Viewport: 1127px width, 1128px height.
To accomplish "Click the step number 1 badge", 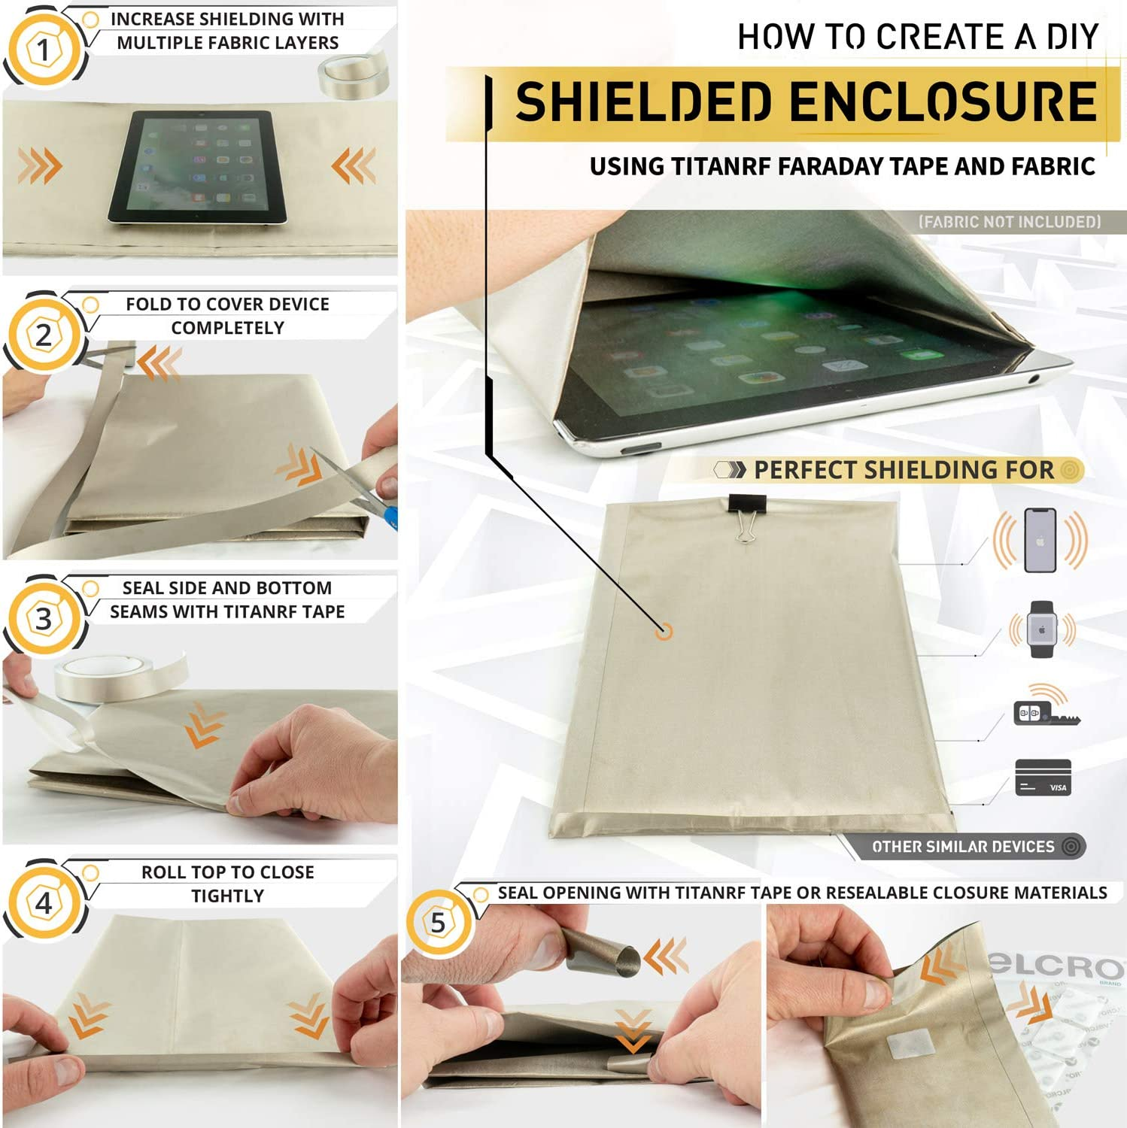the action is pos(43,50).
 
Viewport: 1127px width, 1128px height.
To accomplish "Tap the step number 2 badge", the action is pos(43,335).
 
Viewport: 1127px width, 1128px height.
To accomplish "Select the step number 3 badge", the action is pos(43,619).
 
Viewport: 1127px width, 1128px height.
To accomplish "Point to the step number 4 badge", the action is pos(43,902).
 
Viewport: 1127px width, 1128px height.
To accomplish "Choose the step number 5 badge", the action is pos(438,923).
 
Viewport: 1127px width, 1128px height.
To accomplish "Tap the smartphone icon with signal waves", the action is pos(1040,540).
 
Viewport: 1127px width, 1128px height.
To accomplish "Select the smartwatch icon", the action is pos(1043,629).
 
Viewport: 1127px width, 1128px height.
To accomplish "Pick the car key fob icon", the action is pos(1045,707).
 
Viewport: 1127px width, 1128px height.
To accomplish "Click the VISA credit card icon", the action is pos(1043,778).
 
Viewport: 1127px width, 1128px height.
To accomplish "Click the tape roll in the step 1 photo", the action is pos(353,74).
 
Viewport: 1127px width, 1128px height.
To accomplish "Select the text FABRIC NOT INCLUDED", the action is pos(1010,222).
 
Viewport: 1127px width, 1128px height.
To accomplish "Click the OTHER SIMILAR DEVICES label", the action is pos(963,847).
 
